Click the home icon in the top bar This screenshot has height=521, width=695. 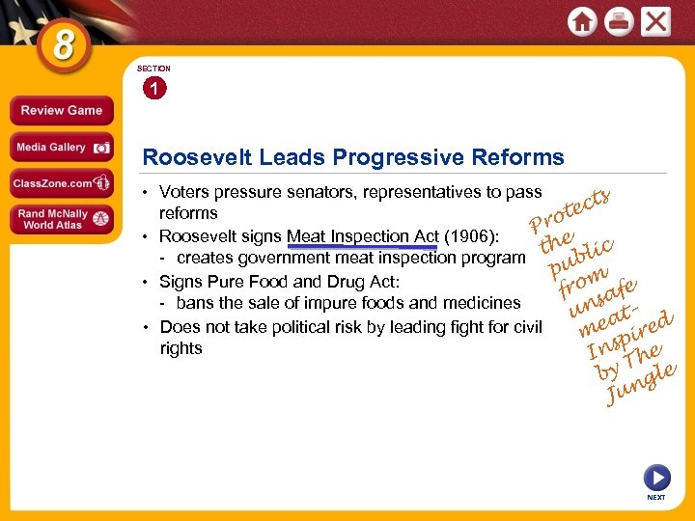(x=583, y=21)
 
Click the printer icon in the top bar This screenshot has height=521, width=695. (x=619, y=21)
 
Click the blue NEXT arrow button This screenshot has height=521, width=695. (x=655, y=479)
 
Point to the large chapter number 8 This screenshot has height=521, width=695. (x=63, y=45)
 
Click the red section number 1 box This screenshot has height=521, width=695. (x=153, y=90)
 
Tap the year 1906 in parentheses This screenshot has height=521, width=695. (x=470, y=235)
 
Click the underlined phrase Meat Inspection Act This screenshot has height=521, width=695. (x=362, y=235)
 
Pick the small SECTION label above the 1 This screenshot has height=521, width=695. (x=153, y=69)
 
